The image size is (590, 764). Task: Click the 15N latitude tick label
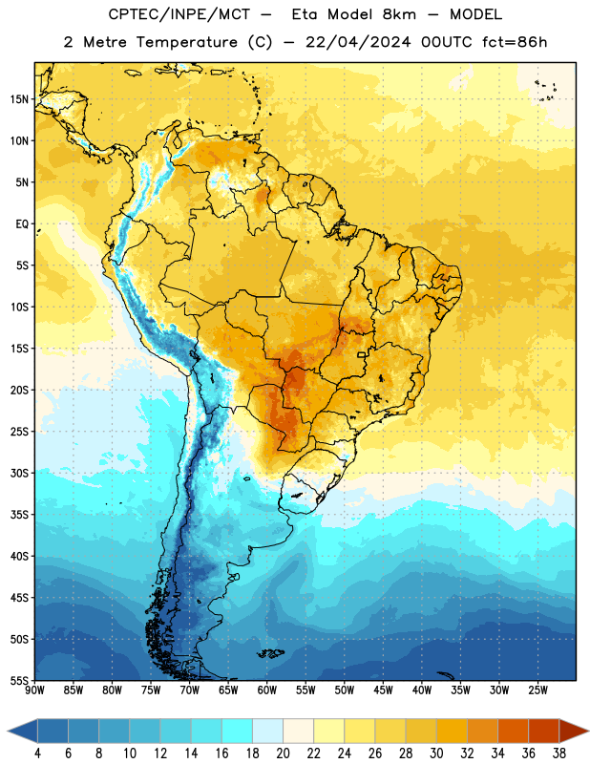(19, 99)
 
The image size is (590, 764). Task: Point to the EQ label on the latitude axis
(22, 224)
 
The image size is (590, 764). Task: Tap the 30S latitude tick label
(19, 473)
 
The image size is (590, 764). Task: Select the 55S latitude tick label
(19, 680)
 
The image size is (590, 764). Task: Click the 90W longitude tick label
(34, 690)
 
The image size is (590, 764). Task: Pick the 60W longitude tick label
(267, 690)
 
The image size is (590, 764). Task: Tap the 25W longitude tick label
(537, 690)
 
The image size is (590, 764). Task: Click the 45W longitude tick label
(383, 690)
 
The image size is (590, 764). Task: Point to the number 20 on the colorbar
(283, 753)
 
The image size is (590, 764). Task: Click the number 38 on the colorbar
(558, 753)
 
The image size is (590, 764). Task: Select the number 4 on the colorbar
(37, 753)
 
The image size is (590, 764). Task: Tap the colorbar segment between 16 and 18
(237, 731)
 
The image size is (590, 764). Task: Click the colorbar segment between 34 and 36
(513, 731)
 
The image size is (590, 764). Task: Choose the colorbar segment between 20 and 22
(298, 731)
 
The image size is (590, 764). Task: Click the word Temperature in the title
(186, 42)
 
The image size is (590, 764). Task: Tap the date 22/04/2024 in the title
(358, 42)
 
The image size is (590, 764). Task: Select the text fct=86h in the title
(515, 42)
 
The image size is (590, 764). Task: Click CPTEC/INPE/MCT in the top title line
(179, 14)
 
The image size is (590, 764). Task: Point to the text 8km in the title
(399, 14)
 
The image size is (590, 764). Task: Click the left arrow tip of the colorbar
(8, 731)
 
